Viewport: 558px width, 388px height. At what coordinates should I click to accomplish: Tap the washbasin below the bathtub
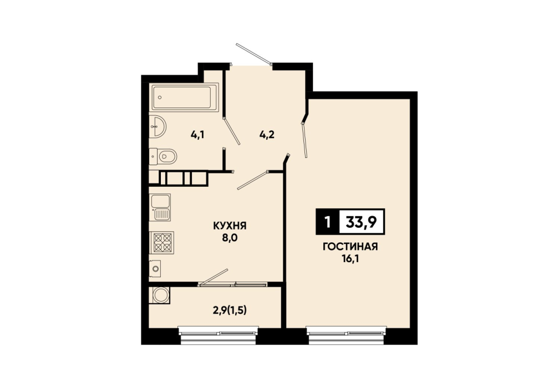pyautogui.click(x=157, y=126)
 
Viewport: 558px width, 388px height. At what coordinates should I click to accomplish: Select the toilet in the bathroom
pyautogui.click(x=163, y=156)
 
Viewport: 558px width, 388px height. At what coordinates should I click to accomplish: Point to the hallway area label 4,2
pyautogui.click(x=267, y=135)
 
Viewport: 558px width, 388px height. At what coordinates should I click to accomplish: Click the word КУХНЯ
pyautogui.click(x=230, y=226)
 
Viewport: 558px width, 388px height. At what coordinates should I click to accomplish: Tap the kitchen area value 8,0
pyautogui.click(x=230, y=238)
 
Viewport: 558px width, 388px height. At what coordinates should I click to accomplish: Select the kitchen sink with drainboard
pyautogui.click(x=160, y=207)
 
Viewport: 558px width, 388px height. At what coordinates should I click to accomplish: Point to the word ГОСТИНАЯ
pyautogui.click(x=350, y=247)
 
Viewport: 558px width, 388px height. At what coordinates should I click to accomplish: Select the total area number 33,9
pyautogui.click(x=362, y=222)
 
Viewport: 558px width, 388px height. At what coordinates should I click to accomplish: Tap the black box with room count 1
pyautogui.click(x=327, y=222)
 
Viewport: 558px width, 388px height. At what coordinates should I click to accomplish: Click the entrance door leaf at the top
pyautogui.click(x=254, y=54)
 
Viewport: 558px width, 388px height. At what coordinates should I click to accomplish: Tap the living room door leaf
pyautogui.click(x=305, y=140)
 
